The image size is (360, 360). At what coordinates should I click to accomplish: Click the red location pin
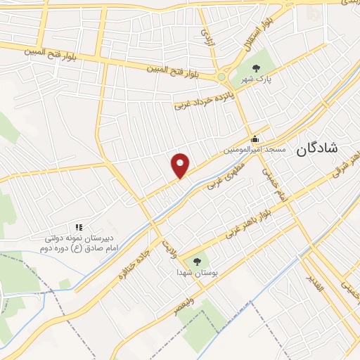(x=181, y=165)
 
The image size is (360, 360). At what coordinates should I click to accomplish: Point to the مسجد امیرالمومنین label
(x=255, y=150)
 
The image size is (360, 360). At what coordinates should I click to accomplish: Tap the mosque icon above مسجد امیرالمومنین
(x=255, y=138)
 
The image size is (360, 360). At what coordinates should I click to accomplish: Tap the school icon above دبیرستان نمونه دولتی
(x=79, y=227)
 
